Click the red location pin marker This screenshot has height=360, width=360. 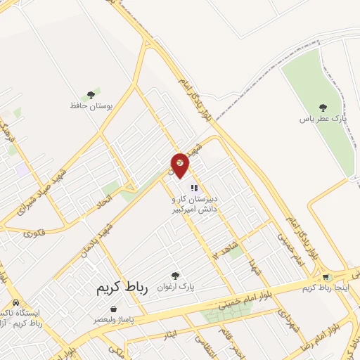click(180, 165)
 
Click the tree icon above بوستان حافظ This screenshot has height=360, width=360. click(90, 94)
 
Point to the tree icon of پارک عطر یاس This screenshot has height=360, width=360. click(323, 108)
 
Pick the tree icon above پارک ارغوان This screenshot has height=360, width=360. click(175, 276)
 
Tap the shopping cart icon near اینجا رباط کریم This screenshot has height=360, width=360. click(325, 278)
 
